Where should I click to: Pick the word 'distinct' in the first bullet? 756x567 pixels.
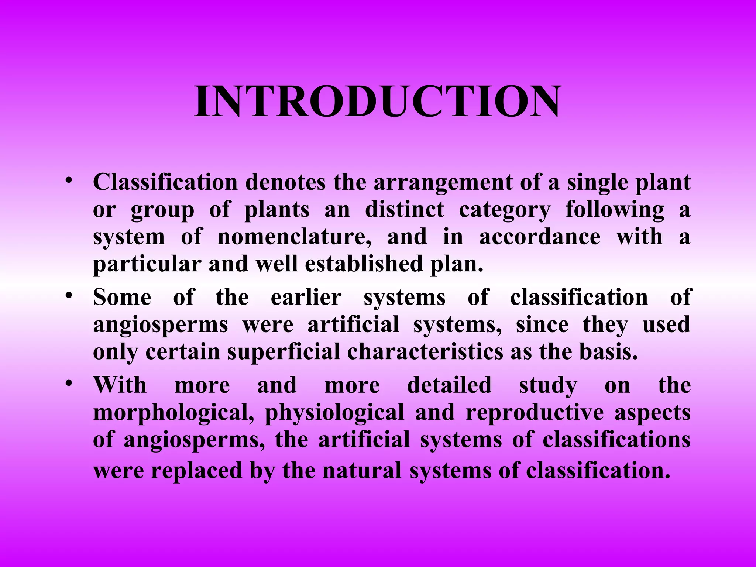pyautogui.click(x=405, y=209)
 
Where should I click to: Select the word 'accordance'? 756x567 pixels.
pyautogui.click(x=540, y=237)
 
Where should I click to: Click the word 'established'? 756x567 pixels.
pyautogui.click(x=364, y=264)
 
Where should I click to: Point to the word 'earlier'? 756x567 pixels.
pyautogui.click(x=306, y=297)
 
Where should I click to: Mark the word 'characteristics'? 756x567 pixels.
pyautogui.click(x=425, y=352)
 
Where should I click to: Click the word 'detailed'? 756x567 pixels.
pyautogui.click(x=449, y=385)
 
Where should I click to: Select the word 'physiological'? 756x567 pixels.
pyautogui.click(x=334, y=412)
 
